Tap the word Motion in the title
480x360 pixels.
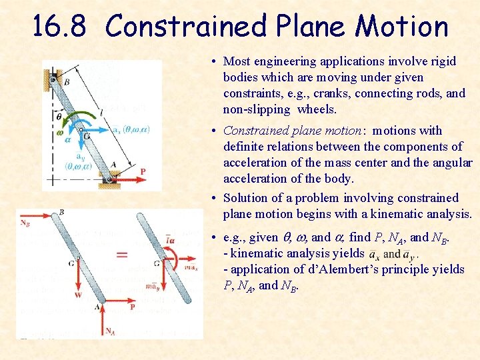point(402,27)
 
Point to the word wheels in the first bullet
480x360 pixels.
point(312,109)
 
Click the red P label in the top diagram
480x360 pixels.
point(142,172)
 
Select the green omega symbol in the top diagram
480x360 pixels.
point(61,132)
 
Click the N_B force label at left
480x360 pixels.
point(25,223)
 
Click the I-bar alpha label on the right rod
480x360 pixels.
point(171,240)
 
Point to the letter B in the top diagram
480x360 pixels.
point(66,82)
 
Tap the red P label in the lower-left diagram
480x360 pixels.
point(133,307)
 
